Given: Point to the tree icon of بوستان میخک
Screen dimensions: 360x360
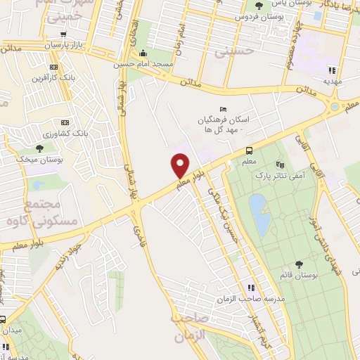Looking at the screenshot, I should click(39, 148).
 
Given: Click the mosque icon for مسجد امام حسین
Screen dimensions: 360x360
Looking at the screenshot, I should click(143, 53).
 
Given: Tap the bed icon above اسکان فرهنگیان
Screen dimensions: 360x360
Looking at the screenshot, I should click(223, 109).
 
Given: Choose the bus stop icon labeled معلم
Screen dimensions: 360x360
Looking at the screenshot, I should click(249, 150).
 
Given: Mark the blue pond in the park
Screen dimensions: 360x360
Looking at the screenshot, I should click(259, 214).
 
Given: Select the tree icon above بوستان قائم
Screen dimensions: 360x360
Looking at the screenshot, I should click(300, 264).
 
